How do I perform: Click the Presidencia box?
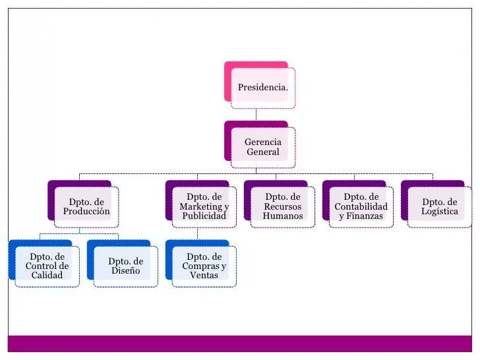[x=262, y=87]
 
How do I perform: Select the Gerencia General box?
[x=262, y=147]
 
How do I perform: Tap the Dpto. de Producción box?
[x=86, y=207]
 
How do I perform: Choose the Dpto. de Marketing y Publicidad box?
[x=204, y=206]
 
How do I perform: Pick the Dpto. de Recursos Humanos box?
[x=282, y=206]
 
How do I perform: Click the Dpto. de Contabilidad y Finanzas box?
[x=361, y=206]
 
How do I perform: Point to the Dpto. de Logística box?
[x=439, y=206]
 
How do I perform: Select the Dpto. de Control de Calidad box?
[x=47, y=266]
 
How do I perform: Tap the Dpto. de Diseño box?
[x=125, y=266]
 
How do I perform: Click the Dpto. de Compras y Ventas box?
[x=204, y=266]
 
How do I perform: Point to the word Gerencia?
[x=263, y=142]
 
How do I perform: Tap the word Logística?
[x=440, y=212]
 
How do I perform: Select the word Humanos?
[x=283, y=216]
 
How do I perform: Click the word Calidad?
[x=47, y=275]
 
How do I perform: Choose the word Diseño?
[x=125, y=270]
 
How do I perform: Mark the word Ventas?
[x=204, y=275]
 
